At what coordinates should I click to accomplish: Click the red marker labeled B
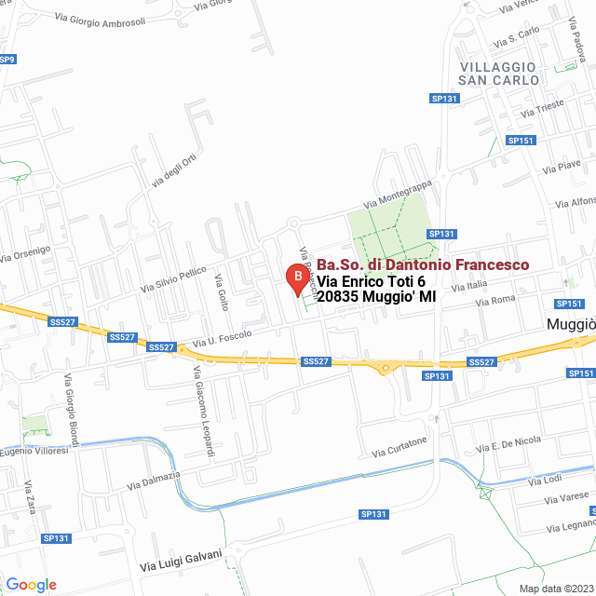(296, 278)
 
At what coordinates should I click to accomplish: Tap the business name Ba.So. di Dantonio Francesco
(423, 265)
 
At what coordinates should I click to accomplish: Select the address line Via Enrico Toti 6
(371, 281)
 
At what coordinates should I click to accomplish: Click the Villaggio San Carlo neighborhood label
(499, 74)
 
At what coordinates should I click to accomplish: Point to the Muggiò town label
(570, 325)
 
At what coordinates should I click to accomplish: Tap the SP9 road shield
(7, 60)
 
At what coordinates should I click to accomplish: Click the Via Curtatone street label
(400, 446)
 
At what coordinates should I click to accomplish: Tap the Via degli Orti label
(175, 171)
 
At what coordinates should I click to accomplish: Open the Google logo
(31, 584)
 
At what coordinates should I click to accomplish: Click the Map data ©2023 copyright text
(554, 589)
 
